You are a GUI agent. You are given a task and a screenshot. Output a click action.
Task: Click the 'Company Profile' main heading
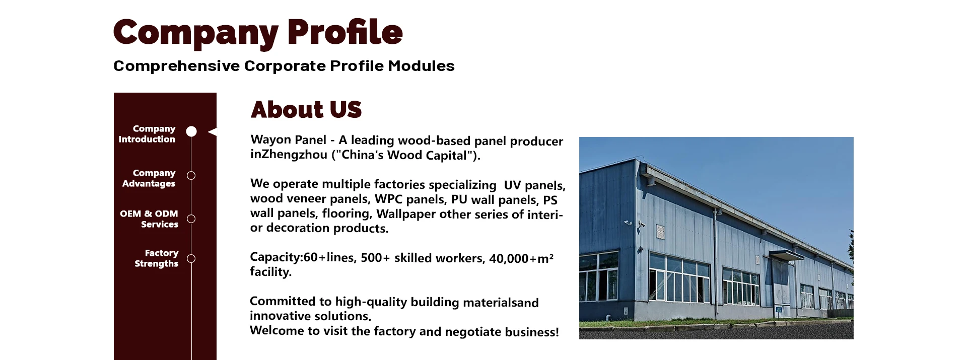tap(258, 33)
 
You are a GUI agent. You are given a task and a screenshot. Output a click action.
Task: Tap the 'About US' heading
tap(306, 110)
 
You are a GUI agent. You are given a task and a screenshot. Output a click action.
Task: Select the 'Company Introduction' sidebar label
tap(147, 134)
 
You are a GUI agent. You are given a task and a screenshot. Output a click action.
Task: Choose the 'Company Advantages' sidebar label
tap(149, 178)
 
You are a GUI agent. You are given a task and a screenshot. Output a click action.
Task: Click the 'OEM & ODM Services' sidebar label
tap(149, 219)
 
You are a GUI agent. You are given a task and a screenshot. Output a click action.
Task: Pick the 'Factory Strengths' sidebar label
tap(156, 258)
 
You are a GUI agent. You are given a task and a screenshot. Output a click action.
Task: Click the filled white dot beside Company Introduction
tap(191, 131)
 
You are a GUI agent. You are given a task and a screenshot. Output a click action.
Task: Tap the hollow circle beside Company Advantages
tap(191, 175)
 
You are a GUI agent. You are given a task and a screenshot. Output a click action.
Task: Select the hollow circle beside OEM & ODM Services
tap(191, 219)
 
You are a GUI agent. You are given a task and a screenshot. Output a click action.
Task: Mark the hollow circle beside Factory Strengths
tap(191, 259)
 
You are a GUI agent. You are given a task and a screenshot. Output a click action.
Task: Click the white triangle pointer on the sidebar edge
tap(213, 132)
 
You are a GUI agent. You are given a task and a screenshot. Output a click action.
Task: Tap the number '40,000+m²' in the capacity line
tap(521, 258)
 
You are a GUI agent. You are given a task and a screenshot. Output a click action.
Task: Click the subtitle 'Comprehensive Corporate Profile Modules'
tap(284, 66)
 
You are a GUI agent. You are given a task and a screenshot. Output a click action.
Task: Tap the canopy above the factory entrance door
tap(785, 255)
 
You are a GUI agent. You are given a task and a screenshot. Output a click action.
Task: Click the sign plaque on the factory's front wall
tap(660, 232)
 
